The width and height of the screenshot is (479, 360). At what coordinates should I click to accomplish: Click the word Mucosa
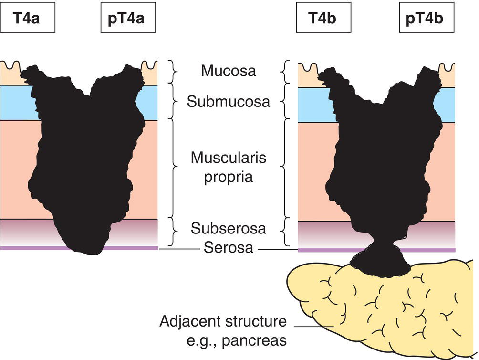coord(228,71)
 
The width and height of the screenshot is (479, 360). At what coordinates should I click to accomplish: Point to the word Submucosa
coord(228,102)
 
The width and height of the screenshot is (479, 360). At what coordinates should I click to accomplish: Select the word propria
coord(228,177)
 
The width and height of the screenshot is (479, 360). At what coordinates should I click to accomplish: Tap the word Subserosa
coord(228,229)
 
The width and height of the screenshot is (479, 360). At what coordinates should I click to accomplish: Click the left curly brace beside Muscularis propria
coord(173,167)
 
